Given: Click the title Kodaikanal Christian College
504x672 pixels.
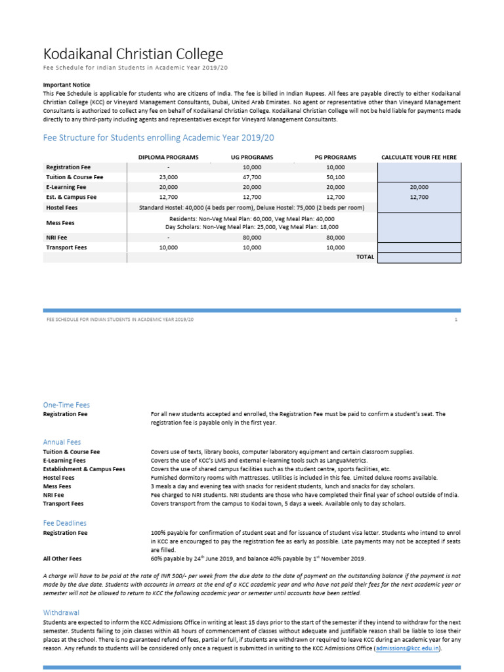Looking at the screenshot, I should click(133, 54).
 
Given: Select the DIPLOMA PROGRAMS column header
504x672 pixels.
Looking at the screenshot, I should click(168, 157).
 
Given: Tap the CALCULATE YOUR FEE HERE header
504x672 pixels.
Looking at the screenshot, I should click(419, 157).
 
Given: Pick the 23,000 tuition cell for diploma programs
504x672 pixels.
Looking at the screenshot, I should click(168, 177).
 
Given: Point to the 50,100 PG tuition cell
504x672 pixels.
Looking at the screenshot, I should click(335, 177).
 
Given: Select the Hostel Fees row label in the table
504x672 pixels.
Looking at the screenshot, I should click(62, 207).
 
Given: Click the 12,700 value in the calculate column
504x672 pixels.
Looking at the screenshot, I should click(419, 197).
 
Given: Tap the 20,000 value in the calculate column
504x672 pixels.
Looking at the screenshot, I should click(419, 187).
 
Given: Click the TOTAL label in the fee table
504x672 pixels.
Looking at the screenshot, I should click(364, 257).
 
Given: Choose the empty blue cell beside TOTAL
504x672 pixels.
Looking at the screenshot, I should click(419, 257).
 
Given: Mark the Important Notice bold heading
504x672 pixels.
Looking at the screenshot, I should click(66, 85).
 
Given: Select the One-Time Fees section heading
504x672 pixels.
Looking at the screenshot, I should click(66, 405).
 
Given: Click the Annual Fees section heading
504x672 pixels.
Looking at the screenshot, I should click(62, 442).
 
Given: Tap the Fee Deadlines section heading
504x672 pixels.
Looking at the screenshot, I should click(64, 523).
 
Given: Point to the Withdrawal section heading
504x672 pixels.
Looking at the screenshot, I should click(61, 612).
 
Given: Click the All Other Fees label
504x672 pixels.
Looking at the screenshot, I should click(62, 558).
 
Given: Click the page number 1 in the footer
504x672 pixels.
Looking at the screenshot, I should click(455, 319).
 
